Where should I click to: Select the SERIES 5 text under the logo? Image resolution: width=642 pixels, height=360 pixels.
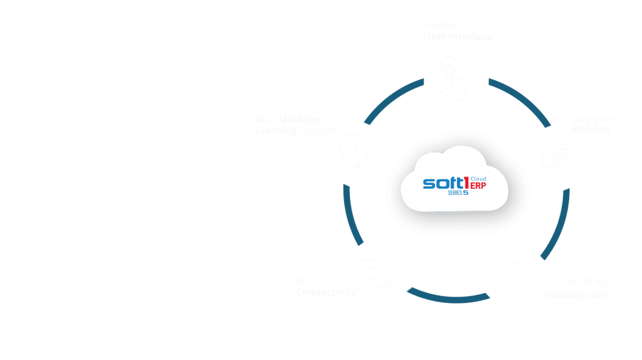point(458,193)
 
